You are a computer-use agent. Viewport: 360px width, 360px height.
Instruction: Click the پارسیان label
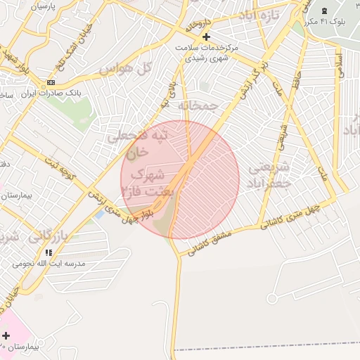(43, 6)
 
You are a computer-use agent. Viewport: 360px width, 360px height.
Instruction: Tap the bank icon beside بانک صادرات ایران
(50, 82)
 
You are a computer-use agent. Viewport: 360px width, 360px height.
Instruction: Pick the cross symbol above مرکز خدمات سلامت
(206, 37)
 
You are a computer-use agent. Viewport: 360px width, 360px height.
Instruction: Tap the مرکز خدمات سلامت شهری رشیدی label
(207, 52)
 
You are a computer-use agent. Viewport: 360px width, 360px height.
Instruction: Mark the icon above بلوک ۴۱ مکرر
(323, 11)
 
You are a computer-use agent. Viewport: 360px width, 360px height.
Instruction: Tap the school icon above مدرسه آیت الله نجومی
(48, 252)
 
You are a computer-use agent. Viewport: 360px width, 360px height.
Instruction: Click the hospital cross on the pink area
(7, 335)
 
